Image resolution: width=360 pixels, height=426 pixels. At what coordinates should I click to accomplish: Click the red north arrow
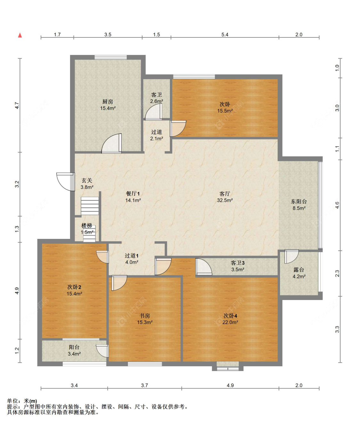(x=20, y=35)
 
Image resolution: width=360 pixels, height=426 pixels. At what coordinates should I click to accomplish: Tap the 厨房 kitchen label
(x=108, y=101)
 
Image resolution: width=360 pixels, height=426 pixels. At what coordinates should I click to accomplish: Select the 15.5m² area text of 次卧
(x=225, y=111)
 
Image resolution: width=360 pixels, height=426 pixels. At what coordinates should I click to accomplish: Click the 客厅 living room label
(x=225, y=193)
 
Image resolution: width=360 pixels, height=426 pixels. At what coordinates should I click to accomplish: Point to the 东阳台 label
(x=299, y=201)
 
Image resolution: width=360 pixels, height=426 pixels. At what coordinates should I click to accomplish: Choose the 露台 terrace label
(x=299, y=270)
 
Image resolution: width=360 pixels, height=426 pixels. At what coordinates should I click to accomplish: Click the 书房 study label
(x=145, y=316)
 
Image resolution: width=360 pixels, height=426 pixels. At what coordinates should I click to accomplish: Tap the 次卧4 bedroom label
(x=230, y=316)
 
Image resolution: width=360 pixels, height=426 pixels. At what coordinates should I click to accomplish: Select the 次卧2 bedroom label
(x=74, y=287)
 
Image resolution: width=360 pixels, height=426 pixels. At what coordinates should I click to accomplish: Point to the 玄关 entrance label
(x=87, y=180)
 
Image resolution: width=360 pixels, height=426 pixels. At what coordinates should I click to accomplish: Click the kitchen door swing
(x=111, y=143)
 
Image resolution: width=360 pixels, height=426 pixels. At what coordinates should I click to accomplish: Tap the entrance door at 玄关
(x=66, y=182)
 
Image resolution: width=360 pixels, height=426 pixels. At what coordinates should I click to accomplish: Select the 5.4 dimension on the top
(x=225, y=35)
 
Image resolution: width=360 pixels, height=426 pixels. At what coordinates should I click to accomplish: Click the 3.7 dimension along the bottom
(x=144, y=385)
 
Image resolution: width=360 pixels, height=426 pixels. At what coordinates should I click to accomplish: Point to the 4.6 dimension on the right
(x=337, y=205)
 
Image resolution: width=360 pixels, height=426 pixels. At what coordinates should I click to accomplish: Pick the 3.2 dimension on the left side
(x=17, y=184)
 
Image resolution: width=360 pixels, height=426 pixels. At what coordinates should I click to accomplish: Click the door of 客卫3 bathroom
(x=204, y=267)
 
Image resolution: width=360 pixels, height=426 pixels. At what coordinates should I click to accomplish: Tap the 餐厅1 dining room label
(x=133, y=193)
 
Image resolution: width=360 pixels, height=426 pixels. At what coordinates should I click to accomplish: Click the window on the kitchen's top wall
(x=110, y=57)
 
